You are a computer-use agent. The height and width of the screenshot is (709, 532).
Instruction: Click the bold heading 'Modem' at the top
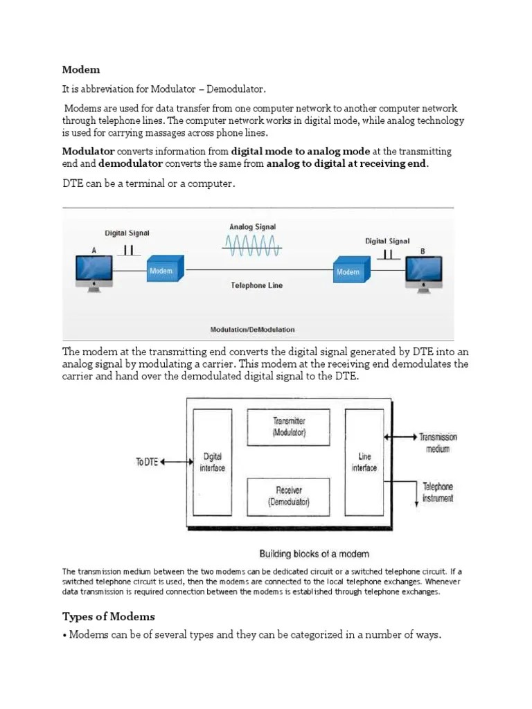pyautogui.click(x=81, y=69)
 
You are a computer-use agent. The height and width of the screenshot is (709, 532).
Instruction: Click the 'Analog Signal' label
pyautogui.click(x=252, y=226)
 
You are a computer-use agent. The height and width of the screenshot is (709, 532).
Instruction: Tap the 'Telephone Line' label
pyautogui.click(x=256, y=285)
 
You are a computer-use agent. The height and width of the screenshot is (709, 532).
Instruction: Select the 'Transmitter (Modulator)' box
pyautogui.click(x=289, y=427)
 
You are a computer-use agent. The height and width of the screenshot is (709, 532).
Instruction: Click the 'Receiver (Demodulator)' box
pyautogui.click(x=289, y=496)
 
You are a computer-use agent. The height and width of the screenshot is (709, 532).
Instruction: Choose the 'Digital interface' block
pyautogui.click(x=212, y=462)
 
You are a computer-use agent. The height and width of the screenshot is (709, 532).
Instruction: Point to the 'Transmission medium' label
pyautogui.click(x=438, y=442)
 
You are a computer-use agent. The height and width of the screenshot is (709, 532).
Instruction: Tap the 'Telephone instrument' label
pyautogui.click(x=438, y=492)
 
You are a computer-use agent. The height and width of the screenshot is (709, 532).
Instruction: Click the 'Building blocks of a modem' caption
pyautogui.click(x=314, y=553)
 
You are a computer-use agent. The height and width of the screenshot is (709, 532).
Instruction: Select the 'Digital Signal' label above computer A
pyautogui.click(x=127, y=233)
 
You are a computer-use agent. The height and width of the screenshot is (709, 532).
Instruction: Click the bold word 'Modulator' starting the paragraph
pyautogui.click(x=88, y=151)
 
